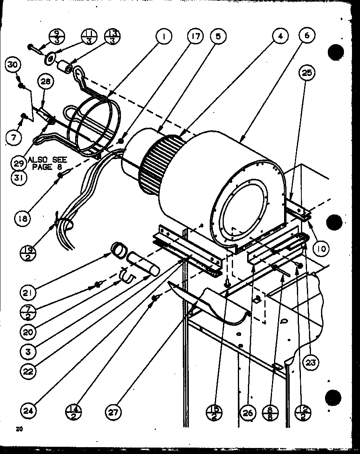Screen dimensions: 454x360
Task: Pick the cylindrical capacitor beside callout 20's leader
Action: [142, 266]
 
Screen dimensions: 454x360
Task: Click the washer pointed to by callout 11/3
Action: [50, 59]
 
